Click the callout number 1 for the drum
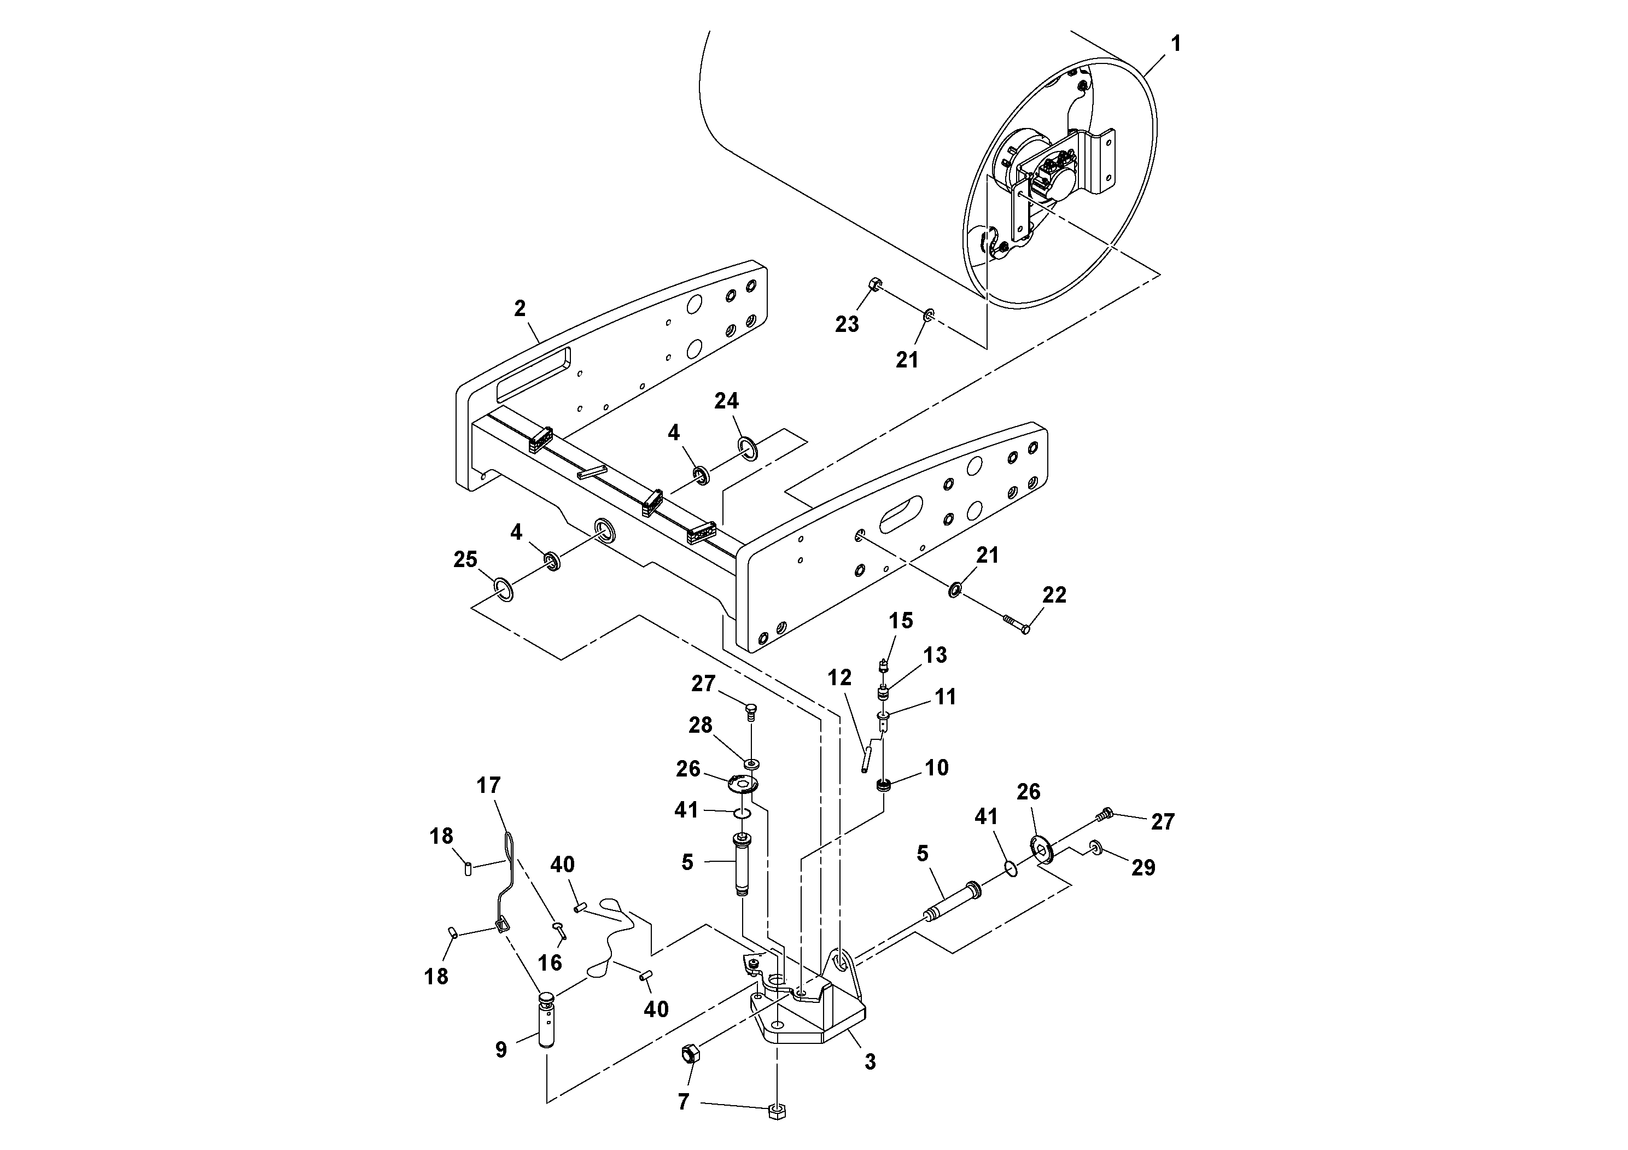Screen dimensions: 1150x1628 tap(1176, 44)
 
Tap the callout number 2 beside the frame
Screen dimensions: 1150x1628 tap(520, 308)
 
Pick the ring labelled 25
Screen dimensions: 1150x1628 tap(504, 589)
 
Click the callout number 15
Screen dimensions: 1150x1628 tap(901, 621)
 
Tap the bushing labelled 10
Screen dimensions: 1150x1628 tap(884, 786)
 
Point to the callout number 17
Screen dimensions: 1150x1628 tap(488, 786)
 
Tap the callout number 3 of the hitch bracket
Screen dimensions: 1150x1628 tap(870, 1061)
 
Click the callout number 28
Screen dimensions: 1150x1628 tap(701, 725)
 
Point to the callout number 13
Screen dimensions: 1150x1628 tap(935, 655)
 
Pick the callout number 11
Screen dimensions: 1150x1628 tap(945, 697)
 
